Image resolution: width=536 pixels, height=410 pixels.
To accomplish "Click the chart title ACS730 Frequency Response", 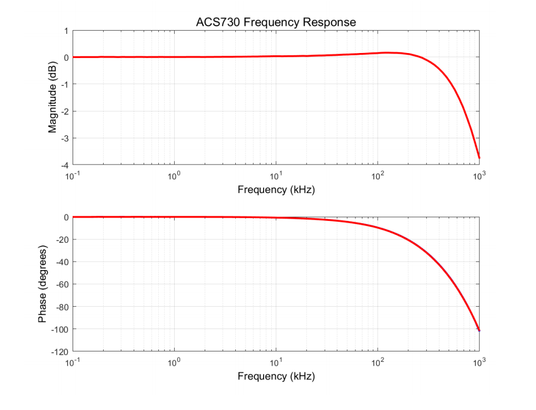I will [276, 22].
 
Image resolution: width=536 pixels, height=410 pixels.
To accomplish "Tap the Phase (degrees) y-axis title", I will [43, 284].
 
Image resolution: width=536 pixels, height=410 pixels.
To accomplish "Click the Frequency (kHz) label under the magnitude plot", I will [276, 190].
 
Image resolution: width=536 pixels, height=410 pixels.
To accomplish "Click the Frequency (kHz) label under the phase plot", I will [276, 376].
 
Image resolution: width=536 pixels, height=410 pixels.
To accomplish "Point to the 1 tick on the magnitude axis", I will [65, 31].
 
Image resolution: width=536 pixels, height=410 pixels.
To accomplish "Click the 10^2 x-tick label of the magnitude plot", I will [377, 175].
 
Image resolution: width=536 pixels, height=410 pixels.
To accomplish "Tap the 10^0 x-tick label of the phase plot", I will [174, 362].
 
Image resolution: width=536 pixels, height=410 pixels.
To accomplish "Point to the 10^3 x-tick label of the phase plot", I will [479, 362].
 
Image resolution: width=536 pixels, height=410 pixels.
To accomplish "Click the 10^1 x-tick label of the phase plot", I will [276, 362].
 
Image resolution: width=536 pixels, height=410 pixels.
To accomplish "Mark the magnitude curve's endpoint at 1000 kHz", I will [479, 158].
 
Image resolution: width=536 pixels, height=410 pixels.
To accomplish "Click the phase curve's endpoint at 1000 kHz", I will [479, 330].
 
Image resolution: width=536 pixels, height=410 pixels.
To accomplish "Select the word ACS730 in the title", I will [217, 22].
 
